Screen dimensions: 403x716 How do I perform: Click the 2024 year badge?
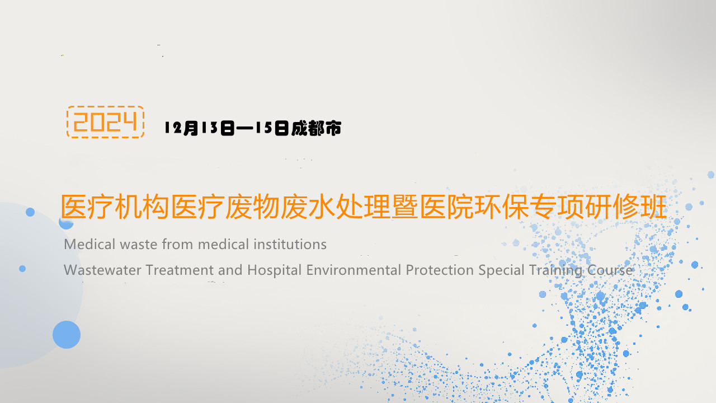point(105,122)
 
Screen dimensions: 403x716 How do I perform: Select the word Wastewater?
point(103,270)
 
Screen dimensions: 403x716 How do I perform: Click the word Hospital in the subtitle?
point(275,270)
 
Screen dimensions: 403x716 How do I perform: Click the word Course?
point(610,270)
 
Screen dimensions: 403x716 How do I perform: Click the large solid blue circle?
point(67,335)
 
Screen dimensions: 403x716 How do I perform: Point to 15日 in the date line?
point(272,128)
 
